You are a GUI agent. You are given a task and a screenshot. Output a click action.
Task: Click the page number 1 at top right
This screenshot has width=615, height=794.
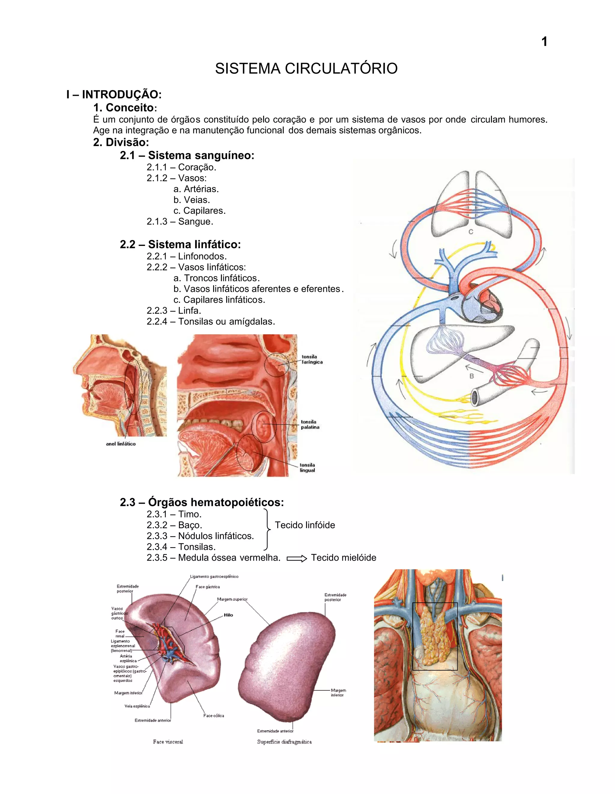coord(544,41)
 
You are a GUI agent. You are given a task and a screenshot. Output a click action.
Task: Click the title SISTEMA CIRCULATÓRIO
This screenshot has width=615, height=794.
coord(306,68)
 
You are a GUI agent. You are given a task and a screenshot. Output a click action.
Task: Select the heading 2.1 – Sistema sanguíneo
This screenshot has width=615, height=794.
coord(187,155)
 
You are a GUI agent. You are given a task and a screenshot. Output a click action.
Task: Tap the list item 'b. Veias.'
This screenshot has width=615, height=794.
coord(192,200)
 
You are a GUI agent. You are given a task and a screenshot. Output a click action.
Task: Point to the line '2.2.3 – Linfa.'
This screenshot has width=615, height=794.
coord(174,311)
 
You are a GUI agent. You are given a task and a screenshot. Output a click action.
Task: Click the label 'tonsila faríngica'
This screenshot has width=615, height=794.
coord(312,359)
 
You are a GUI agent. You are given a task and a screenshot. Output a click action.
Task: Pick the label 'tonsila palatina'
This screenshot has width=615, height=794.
coord(310,424)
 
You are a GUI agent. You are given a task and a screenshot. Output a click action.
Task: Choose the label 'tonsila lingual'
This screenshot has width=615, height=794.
coord(307,468)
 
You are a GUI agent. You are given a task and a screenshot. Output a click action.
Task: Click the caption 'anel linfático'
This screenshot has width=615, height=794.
coord(121,444)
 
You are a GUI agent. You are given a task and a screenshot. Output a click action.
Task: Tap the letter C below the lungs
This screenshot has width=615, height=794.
coord(471,232)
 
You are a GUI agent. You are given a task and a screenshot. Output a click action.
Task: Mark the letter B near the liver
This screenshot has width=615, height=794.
coord(471,376)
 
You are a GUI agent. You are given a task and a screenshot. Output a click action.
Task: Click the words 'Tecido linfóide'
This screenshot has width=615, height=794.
coord(304,525)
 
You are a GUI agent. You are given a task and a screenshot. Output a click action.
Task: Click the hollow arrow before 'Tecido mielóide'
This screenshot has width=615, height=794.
coord(297,559)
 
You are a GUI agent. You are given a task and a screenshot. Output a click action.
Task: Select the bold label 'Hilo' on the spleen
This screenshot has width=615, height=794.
coord(228,615)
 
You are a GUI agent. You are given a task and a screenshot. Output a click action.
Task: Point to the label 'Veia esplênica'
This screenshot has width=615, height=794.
coord(137,706)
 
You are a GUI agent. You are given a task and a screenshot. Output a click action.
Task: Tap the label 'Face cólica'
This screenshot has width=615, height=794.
coord(214,716)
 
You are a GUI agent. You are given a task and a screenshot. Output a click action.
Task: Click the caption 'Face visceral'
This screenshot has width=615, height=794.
coord(168,742)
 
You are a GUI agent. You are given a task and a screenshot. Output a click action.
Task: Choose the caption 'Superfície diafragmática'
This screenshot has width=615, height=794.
coord(284,742)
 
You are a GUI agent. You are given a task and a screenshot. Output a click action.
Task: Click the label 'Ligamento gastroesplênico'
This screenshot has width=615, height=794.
coord(214,576)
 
